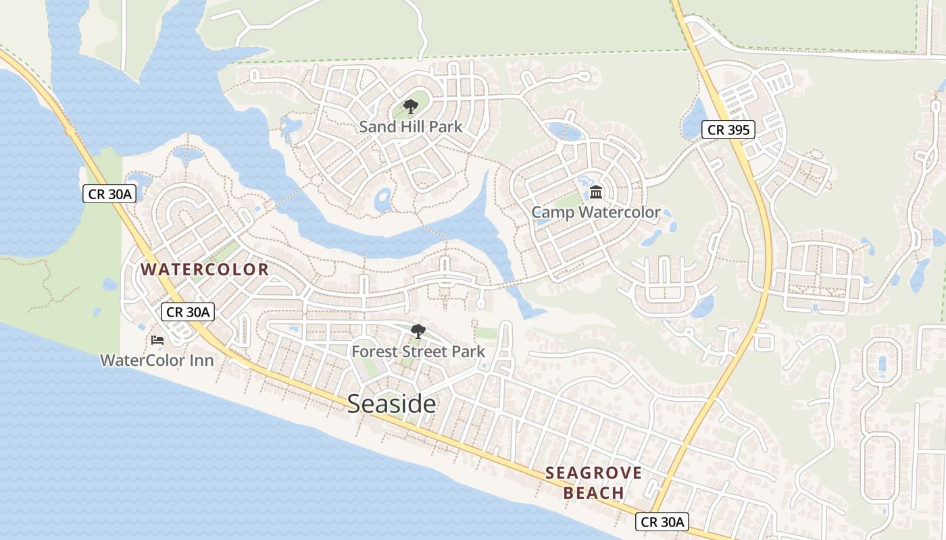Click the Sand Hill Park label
pyautogui.click(x=411, y=126)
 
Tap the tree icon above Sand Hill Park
pyautogui.click(x=410, y=106)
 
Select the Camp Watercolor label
pyautogui.click(x=595, y=213)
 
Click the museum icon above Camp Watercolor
pyautogui.click(x=596, y=193)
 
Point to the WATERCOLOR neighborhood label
pyautogui.click(x=205, y=269)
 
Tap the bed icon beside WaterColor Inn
pyautogui.click(x=157, y=340)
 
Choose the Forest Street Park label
pyautogui.click(x=418, y=352)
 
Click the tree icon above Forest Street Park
pyautogui.click(x=418, y=331)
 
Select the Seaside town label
pyautogui.click(x=391, y=404)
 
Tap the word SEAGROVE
pyautogui.click(x=593, y=473)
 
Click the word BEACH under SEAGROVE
pyautogui.click(x=593, y=493)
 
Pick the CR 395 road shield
pyautogui.click(x=727, y=130)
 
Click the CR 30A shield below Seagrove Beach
pyautogui.click(x=662, y=522)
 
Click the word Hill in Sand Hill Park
pyautogui.click(x=412, y=126)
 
